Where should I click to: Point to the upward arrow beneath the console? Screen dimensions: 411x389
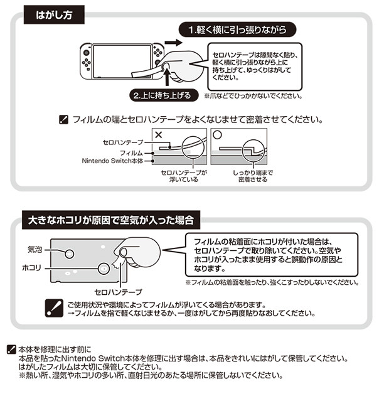pos(168,81)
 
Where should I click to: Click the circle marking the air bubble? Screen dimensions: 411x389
pos(69,254)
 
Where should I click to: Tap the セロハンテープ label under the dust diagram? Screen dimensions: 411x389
pos(118,292)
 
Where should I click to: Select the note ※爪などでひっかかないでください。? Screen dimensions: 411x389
pos(253,97)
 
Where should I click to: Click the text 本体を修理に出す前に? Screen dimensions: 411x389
pos(55,349)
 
